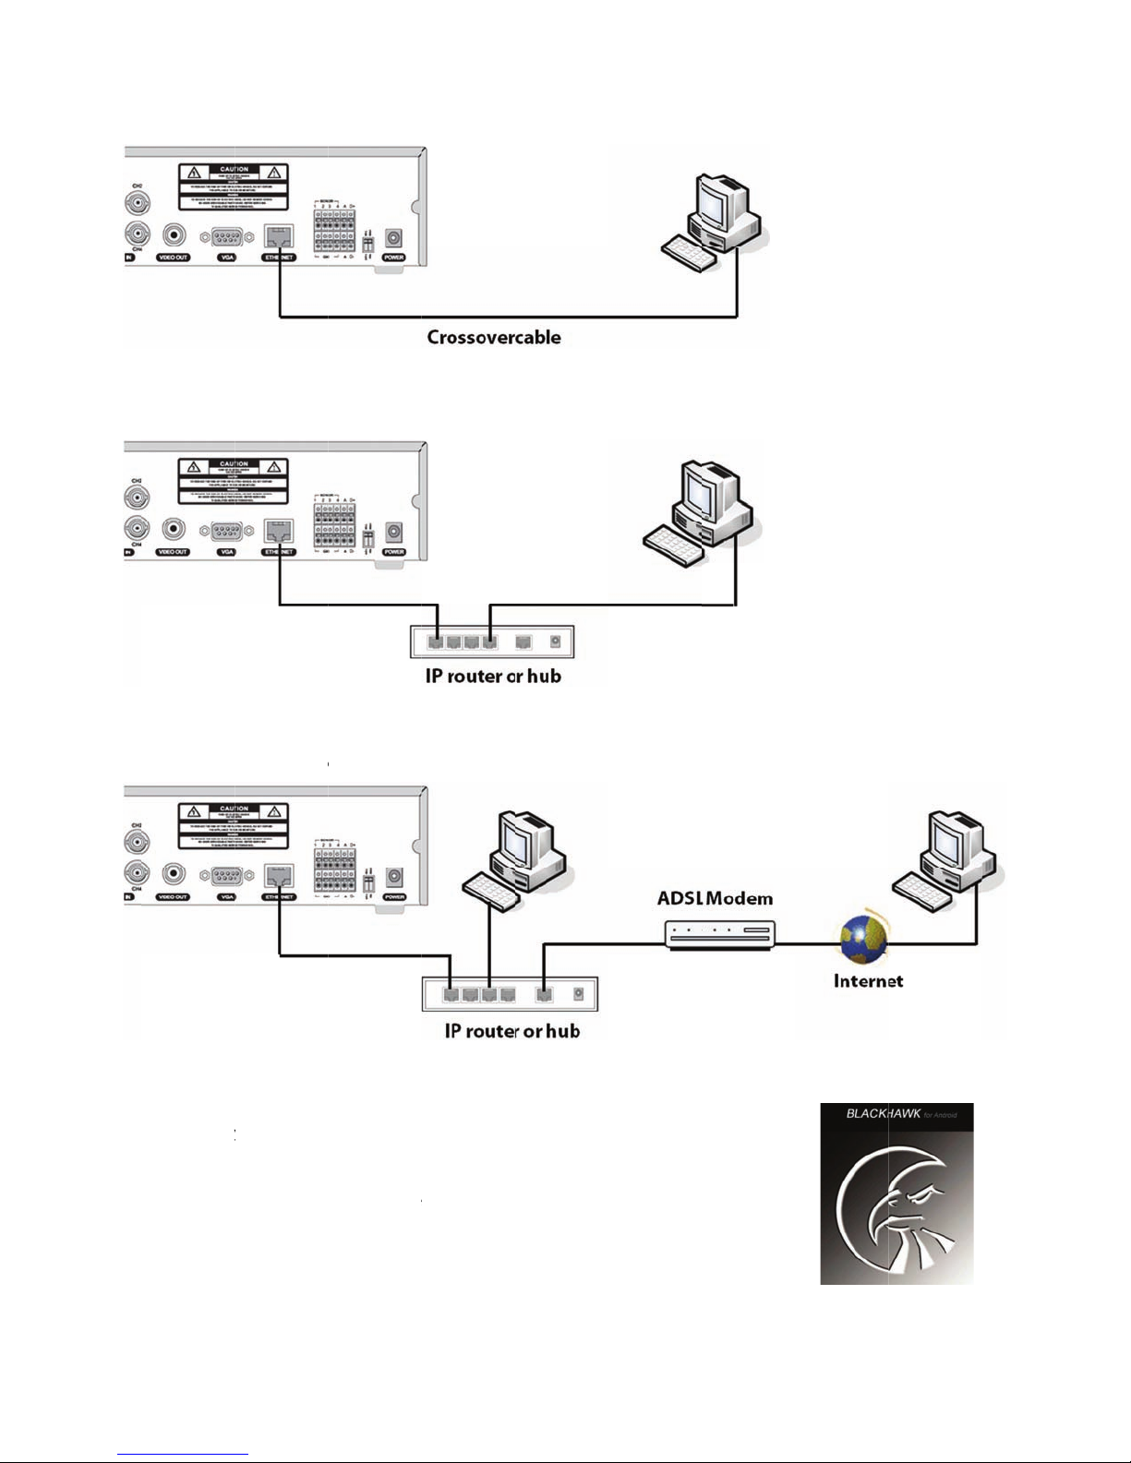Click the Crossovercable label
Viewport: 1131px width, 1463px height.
pyautogui.click(x=494, y=338)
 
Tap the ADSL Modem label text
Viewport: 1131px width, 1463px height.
pyautogui.click(x=715, y=898)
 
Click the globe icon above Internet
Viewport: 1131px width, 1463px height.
pyautogui.click(x=863, y=940)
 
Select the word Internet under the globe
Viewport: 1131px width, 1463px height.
pyautogui.click(x=868, y=981)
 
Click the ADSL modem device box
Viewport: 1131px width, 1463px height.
pyautogui.click(x=718, y=934)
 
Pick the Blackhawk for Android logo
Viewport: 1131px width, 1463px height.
pyautogui.click(x=896, y=1193)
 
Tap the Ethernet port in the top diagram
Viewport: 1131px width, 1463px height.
pyautogui.click(x=279, y=236)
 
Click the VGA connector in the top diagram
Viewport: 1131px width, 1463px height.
pyautogui.click(x=227, y=237)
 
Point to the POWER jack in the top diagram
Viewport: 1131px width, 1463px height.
pyautogui.click(x=394, y=237)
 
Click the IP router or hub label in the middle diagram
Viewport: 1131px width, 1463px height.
pyautogui.click(x=493, y=677)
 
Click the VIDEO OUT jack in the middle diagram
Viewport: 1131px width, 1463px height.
pyautogui.click(x=174, y=531)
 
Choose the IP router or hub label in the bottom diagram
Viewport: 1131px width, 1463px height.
pyautogui.click(x=511, y=1031)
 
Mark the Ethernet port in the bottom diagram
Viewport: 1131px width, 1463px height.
pyautogui.click(x=279, y=875)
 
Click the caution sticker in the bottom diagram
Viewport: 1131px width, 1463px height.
pyautogui.click(x=233, y=825)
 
